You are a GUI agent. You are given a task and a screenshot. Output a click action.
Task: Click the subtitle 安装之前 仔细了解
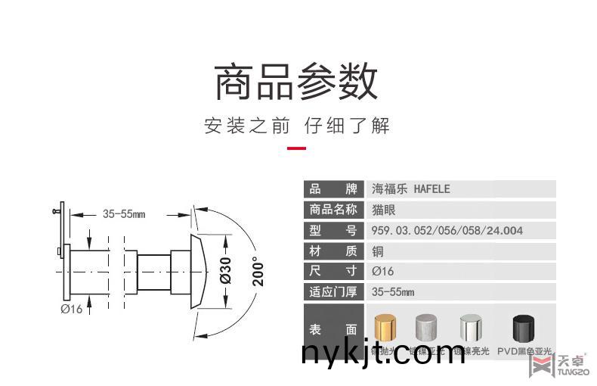[297, 126]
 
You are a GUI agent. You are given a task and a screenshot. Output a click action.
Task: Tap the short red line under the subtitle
[297, 148]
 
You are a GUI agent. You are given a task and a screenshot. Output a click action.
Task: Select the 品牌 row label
[333, 189]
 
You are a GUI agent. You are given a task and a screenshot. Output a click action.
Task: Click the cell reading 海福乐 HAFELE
[411, 189]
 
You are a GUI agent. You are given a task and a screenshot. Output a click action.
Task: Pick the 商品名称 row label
[333, 210]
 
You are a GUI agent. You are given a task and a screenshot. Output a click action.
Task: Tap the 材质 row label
[333, 251]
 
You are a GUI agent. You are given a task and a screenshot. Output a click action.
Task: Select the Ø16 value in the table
[383, 271]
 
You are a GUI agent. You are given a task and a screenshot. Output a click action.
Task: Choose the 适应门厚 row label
[333, 291]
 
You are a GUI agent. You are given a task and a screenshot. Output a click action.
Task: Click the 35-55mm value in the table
[393, 291]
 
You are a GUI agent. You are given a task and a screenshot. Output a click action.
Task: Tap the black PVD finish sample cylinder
[524, 328]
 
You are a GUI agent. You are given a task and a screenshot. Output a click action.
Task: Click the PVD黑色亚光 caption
[524, 351]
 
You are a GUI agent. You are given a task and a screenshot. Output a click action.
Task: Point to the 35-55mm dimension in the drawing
[123, 214]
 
